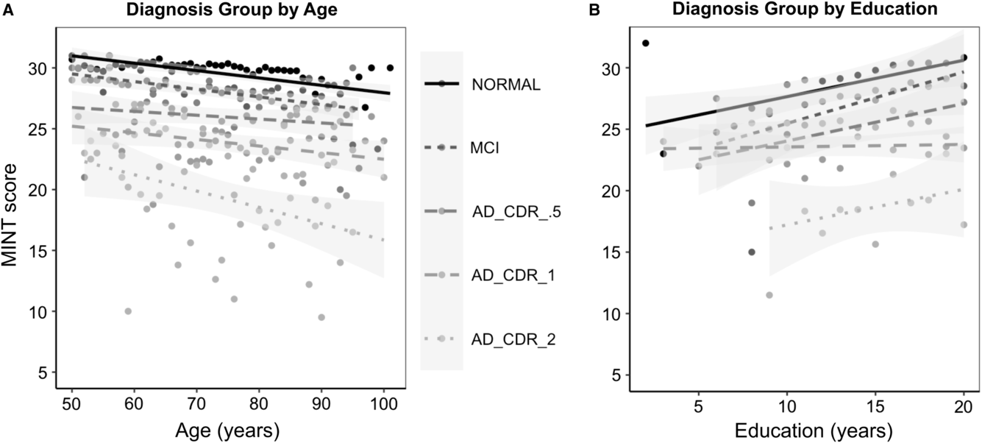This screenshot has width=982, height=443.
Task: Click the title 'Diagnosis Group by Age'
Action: tap(232, 10)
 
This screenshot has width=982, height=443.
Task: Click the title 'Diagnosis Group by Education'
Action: tap(805, 9)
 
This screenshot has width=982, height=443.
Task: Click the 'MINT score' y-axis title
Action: tap(10, 215)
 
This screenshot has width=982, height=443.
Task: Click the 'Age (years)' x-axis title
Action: tap(227, 431)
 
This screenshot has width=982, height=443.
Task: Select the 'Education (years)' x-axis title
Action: tap(814, 431)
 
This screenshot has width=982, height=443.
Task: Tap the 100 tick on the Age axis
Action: tap(383, 403)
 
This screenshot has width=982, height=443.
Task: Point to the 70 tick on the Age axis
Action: tap(196, 403)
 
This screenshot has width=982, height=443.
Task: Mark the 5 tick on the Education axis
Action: tap(698, 408)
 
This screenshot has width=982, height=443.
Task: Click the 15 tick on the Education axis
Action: tap(875, 408)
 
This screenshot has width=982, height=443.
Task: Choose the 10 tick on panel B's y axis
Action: tap(611, 313)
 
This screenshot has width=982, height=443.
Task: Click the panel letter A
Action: tap(8, 10)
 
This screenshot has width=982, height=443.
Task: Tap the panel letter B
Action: tap(594, 10)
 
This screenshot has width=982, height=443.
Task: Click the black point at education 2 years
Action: tap(645, 43)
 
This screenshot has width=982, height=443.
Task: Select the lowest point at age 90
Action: tap(321, 317)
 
